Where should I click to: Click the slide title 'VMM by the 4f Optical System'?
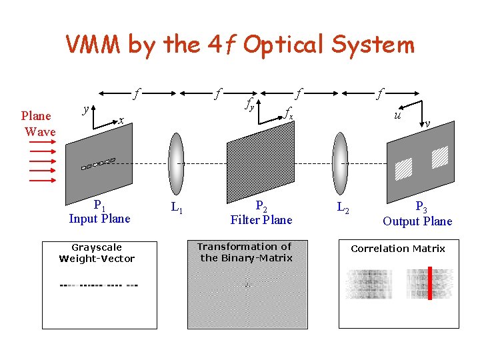click(x=240, y=45)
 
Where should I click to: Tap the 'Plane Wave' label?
click(x=39, y=124)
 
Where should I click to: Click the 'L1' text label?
click(x=177, y=208)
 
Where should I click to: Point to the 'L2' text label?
click(x=342, y=208)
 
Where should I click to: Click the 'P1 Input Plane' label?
click(x=99, y=212)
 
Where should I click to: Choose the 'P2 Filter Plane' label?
click(x=261, y=213)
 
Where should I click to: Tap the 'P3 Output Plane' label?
click(x=417, y=214)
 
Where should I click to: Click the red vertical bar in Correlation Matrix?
click(x=430, y=283)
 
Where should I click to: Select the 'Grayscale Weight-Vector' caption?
click(x=97, y=253)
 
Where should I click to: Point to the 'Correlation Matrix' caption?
click(x=398, y=249)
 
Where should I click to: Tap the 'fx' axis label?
click(x=288, y=113)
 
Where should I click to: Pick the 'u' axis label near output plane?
click(x=397, y=114)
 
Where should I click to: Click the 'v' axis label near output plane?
click(x=427, y=123)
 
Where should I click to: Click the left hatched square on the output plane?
click(x=404, y=168)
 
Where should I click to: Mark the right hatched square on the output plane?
click(x=439, y=157)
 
